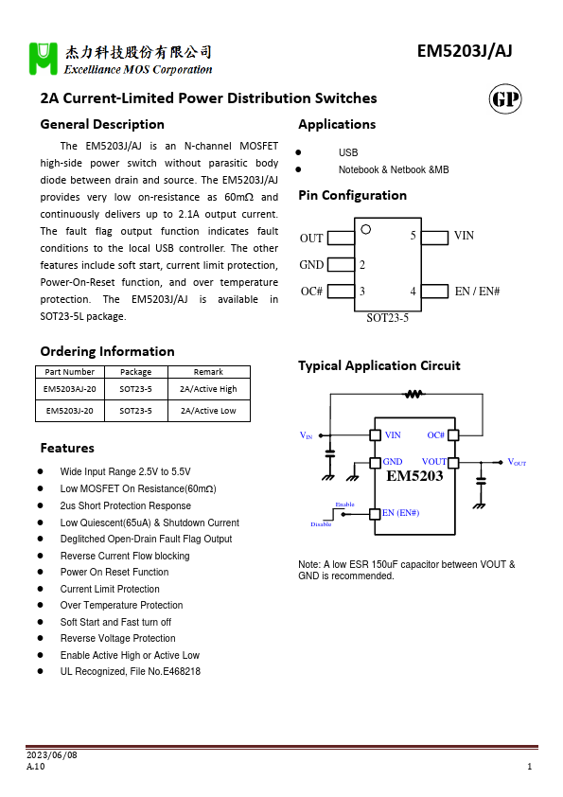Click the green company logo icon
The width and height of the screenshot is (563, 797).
(x=44, y=59)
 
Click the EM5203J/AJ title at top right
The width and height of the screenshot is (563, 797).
(x=464, y=52)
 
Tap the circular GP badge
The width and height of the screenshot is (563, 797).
(x=505, y=100)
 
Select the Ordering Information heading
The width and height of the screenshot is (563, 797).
(x=107, y=351)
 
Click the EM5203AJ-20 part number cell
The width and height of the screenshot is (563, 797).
(x=69, y=388)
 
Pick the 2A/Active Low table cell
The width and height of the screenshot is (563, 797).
(x=208, y=411)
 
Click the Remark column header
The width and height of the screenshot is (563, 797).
(x=208, y=372)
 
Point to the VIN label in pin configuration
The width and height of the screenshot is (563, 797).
(x=465, y=236)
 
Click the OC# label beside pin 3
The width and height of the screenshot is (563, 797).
(x=312, y=292)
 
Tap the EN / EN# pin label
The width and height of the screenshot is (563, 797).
(x=478, y=292)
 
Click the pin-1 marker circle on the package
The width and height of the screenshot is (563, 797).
(x=366, y=230)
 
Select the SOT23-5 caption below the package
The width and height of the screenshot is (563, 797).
(x=387, y=319)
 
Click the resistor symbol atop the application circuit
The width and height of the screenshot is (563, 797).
(x=413, y=394)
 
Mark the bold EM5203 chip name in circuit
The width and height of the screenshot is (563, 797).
(x=414, y=476)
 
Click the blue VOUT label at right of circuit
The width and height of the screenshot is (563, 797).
(x=517, y=462)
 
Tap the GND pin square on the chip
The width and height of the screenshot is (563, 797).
(x=375, y=462)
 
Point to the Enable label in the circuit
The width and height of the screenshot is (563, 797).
(x=344, y=505)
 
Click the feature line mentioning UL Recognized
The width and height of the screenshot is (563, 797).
(x=130, y=671)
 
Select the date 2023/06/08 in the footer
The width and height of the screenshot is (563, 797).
(x=51, y=754)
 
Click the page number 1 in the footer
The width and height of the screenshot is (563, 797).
(x=529, y=767)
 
